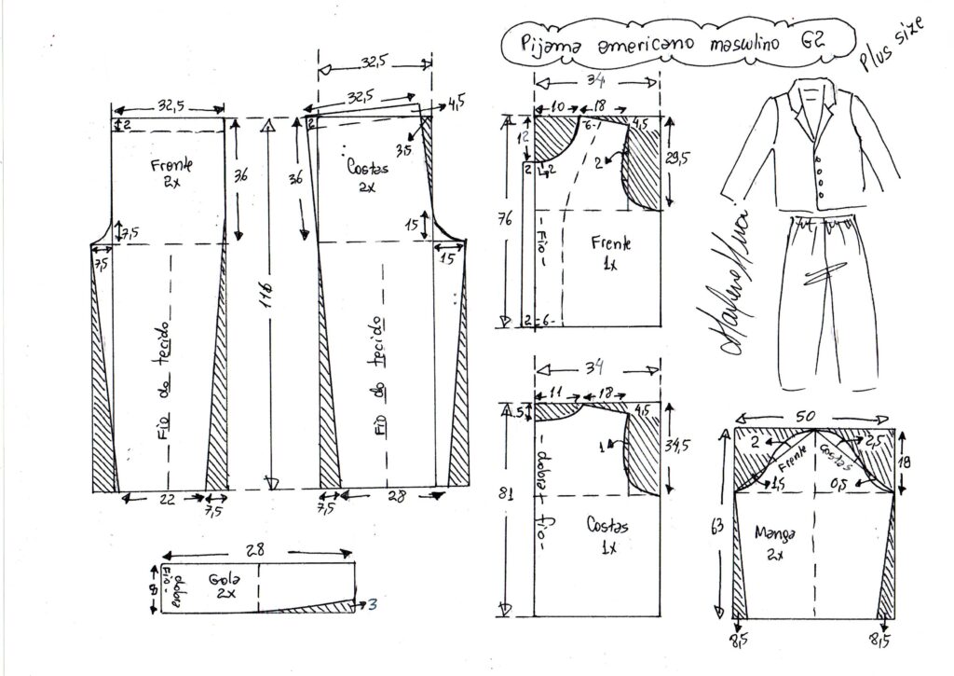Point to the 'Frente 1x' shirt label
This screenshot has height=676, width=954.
point(611,252)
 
